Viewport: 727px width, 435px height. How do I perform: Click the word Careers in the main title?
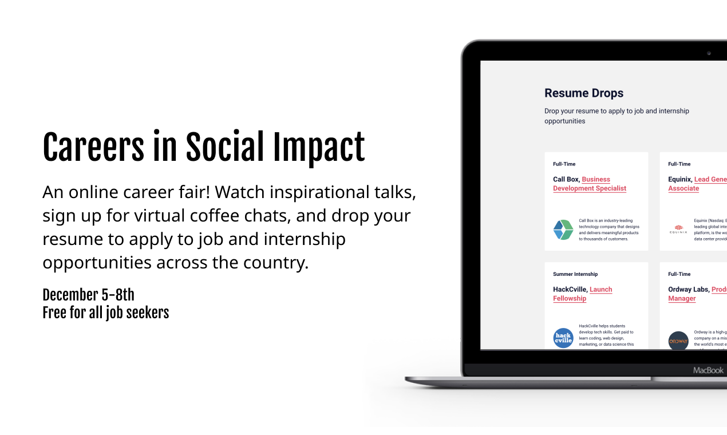(93, 148)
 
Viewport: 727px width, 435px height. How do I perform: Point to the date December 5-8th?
(88, 295)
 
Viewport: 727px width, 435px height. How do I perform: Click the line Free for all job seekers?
(106, 313)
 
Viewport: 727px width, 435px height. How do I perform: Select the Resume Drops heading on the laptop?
(583, 93)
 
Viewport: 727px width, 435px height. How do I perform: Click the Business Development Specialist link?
(590, 184)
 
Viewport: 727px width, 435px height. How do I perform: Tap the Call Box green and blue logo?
(563, 230)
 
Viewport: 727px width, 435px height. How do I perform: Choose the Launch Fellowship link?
(583, 294)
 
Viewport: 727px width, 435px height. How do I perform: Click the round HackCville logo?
(563, 338)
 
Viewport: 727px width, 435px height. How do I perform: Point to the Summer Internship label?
(575, 274)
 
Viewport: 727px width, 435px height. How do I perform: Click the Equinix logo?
(678, 230)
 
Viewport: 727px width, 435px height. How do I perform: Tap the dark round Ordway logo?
(678, 341)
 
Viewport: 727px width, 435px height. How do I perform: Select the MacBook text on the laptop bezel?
(708, 370)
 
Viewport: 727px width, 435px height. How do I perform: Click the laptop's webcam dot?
(709, 53)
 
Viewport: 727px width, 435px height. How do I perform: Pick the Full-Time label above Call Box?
(564, 164)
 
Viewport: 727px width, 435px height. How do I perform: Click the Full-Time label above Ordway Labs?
(679, 274)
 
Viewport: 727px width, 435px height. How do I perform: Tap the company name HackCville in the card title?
(570, 290)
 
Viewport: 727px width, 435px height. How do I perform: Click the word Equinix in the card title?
(679, 179)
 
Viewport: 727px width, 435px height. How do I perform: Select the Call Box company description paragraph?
(609, 230)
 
